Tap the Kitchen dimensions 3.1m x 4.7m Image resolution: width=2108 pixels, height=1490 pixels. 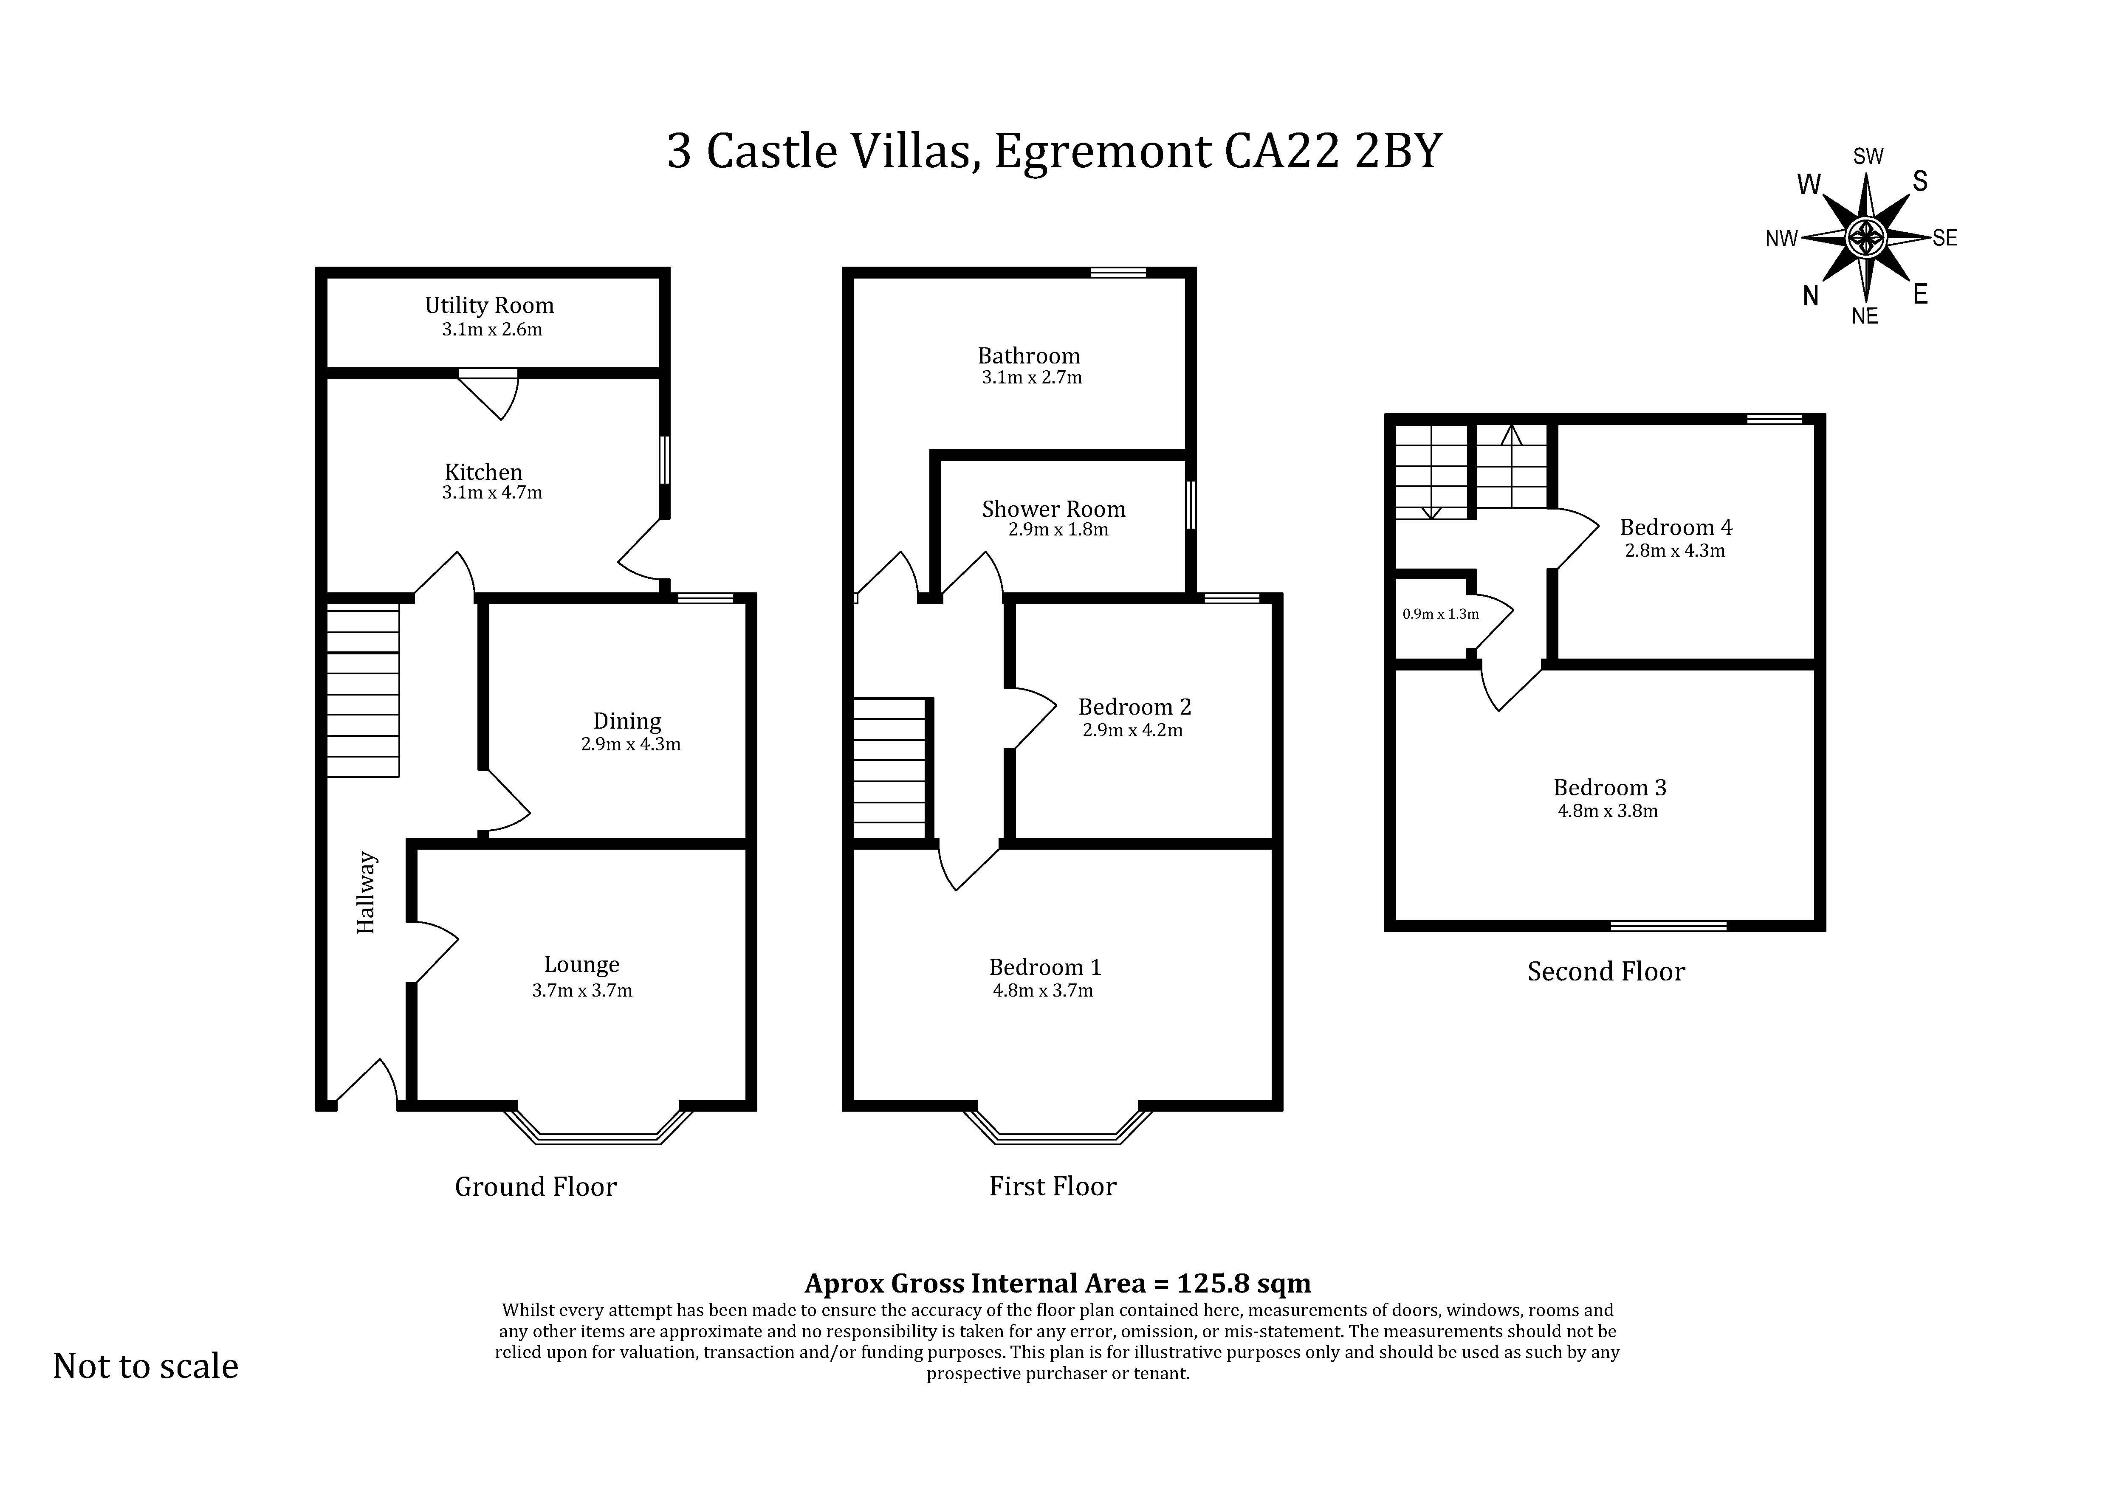(492, 493)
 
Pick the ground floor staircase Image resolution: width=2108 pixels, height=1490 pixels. (364, 690)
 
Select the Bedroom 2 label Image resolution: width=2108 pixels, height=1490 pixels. (1135, 707)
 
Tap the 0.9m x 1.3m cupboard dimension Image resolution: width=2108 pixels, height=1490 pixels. (1441, 614)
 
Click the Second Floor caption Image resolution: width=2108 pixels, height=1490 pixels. (1606, 971)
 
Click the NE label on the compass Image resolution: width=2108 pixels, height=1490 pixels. (1865, 316)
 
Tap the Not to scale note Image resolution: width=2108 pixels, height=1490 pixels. (146, 1366)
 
